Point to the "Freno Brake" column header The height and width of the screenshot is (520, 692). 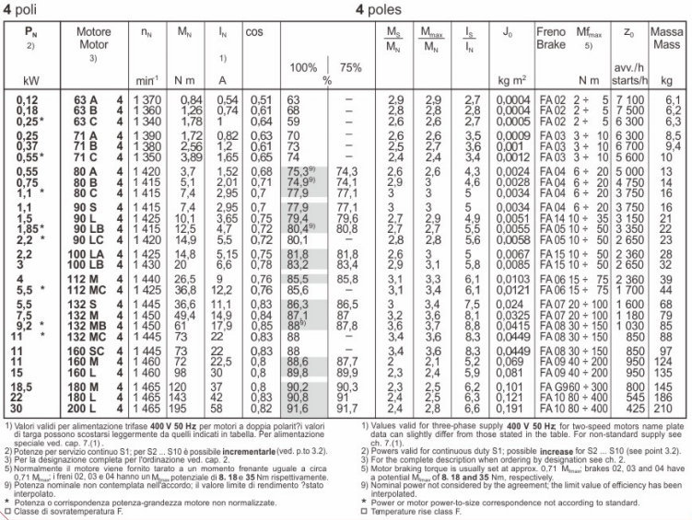[x=551, y=39]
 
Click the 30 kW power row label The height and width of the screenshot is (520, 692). [x=21, y=408]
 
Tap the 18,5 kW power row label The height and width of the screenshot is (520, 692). [x=24, y=387]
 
